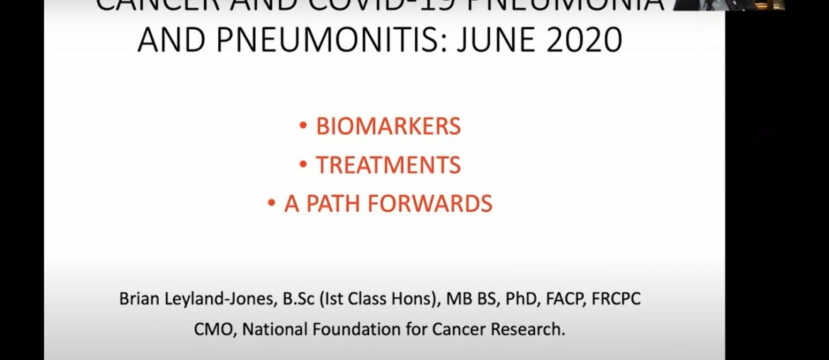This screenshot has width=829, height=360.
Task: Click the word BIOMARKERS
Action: click(x=388, y=127)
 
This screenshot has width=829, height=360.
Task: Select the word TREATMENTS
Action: click(x=388, y=165)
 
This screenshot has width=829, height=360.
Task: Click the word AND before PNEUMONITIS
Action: click(x=170, y=40)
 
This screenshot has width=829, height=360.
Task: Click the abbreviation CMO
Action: click(x=210, y=330)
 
